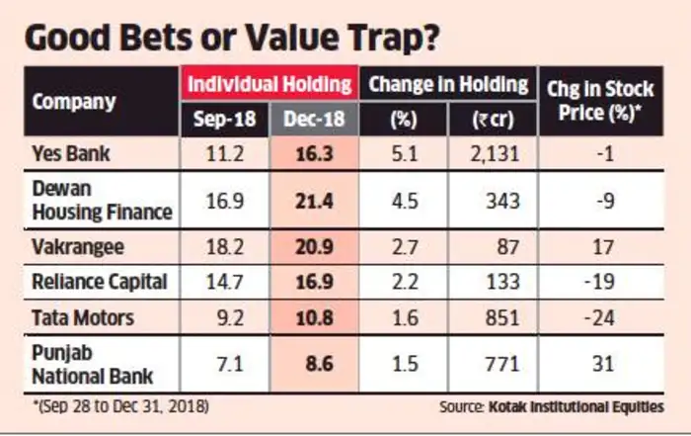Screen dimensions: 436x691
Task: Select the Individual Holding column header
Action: click(270, 84)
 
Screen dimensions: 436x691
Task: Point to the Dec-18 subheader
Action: click(313, 120)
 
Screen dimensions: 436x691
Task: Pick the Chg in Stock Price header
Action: click(599, 102)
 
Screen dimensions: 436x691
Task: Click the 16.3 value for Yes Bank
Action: click(313, 153)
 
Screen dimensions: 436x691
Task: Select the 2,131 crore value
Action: click(499, 153)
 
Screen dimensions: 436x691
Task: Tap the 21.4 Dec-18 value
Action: click(313, 201)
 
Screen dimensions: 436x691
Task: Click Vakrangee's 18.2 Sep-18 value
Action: click(222, 247)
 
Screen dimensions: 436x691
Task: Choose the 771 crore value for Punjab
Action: click(504, 363)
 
